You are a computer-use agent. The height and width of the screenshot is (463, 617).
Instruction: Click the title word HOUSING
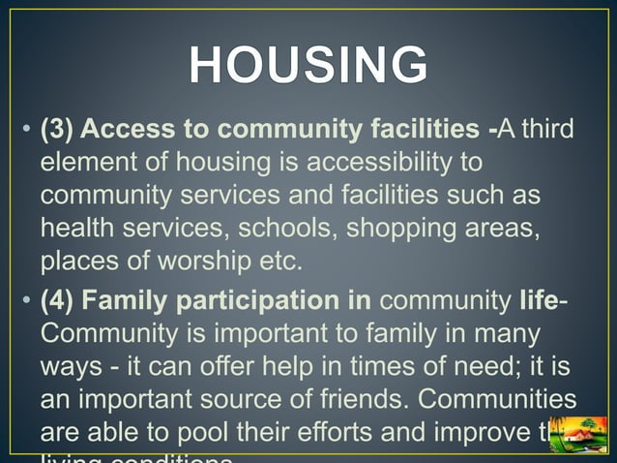(308, 67)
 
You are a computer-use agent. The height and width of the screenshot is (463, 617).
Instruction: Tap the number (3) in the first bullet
(59, 129)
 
